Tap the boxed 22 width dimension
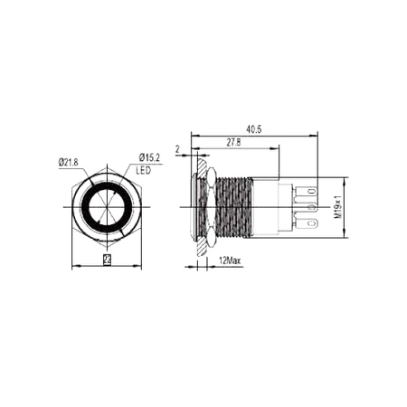[x=108, y=260]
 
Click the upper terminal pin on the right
[x=311, y=192]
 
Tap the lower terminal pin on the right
[x=311, y=222]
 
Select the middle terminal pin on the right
[x=311, y=207]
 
